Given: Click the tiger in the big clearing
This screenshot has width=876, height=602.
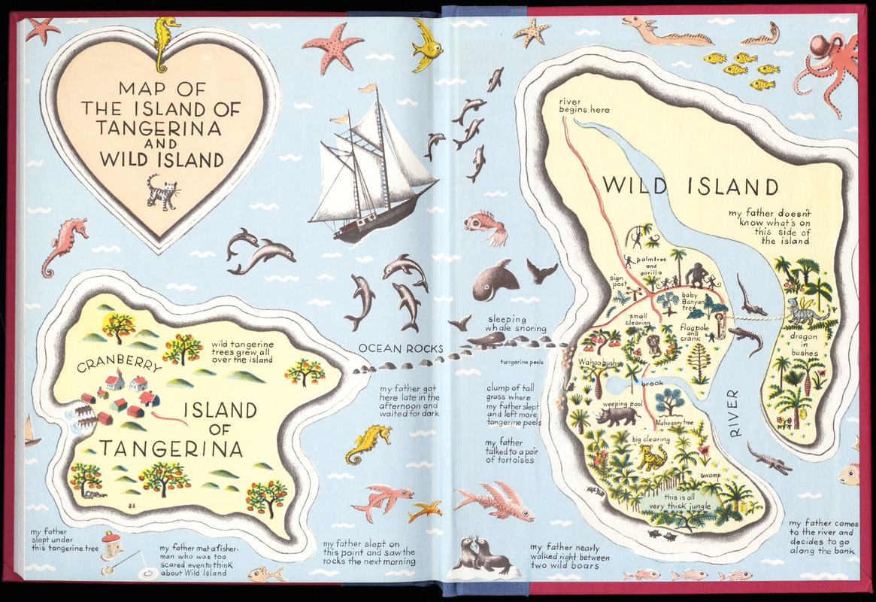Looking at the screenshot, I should coord(652,458).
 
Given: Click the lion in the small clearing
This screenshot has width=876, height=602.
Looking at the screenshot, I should coord(654,345).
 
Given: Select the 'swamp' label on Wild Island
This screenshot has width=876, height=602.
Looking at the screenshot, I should coord(711,476).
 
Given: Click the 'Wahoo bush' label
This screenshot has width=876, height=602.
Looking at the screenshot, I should coord(597,362).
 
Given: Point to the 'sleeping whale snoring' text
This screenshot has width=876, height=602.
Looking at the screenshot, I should coord(515,324).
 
